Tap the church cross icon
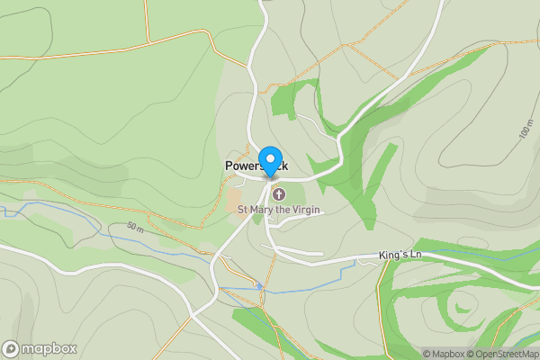277,194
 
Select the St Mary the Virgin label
279,210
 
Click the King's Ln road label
400,256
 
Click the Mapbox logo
40,348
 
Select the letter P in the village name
229,166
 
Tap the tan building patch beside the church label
234,197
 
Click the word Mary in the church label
265,210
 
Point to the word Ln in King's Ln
416,256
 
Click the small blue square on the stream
259,286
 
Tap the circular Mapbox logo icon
11,348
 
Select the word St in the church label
242,210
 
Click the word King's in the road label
393,256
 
